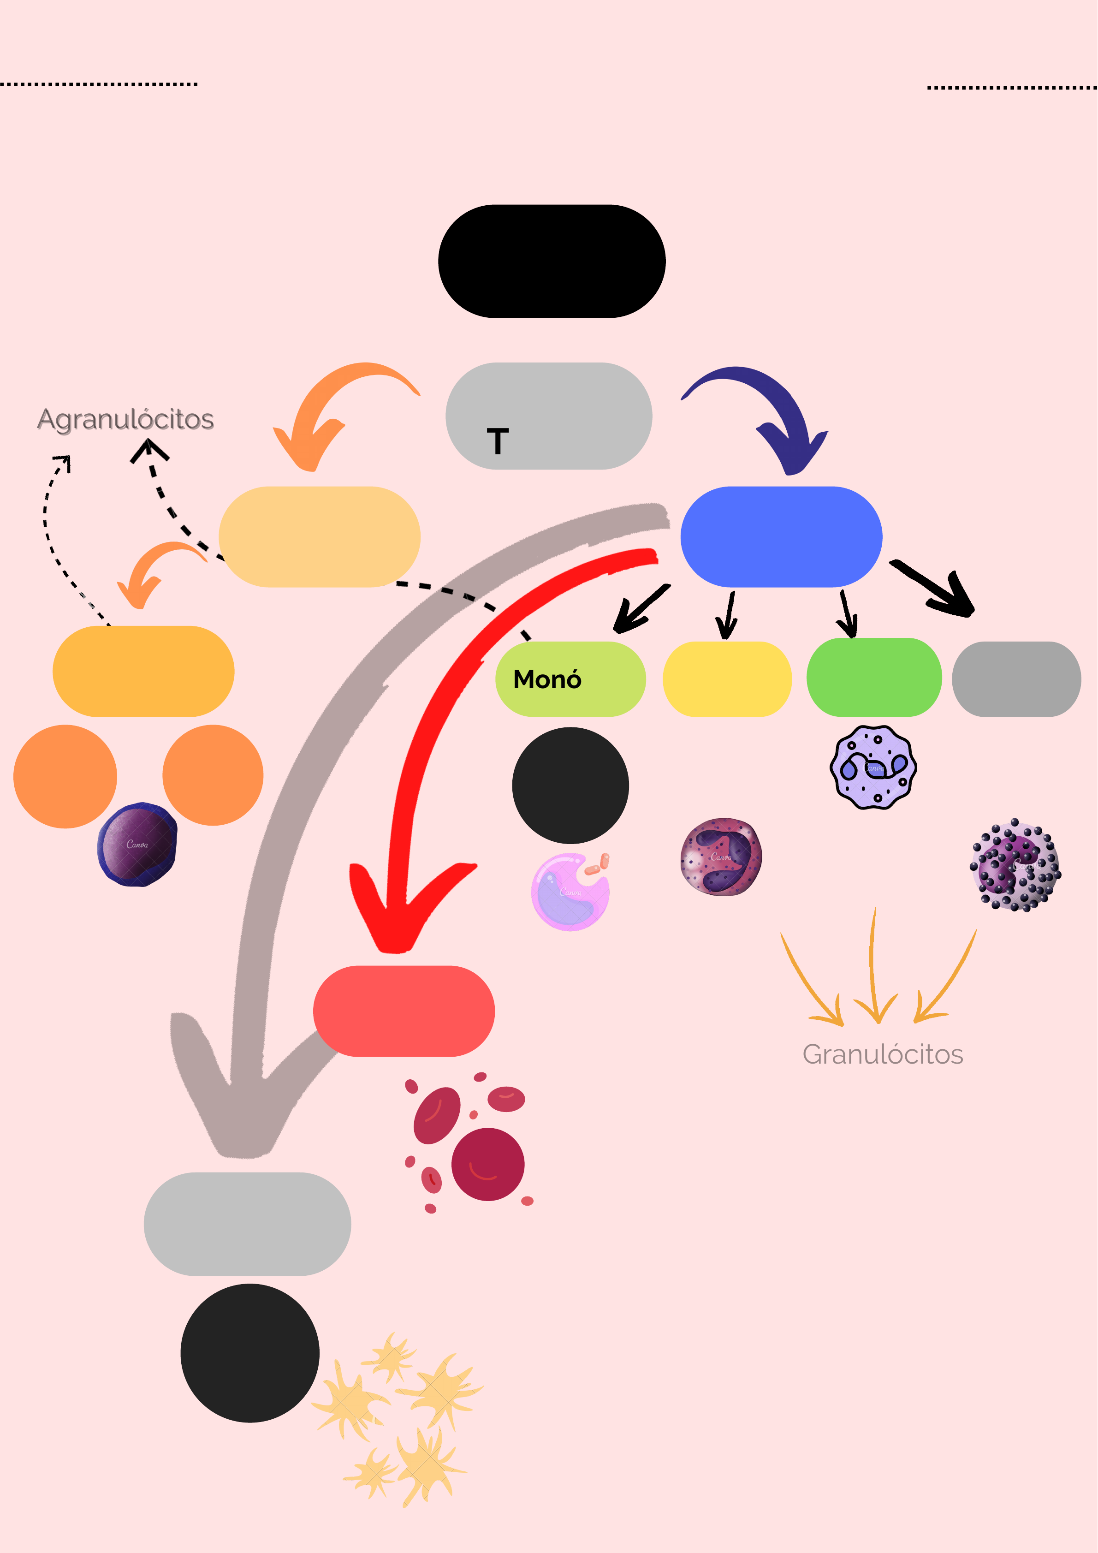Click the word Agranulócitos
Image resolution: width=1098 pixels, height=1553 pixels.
(x=126, y=419)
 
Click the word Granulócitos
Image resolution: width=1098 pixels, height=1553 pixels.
(x=882, y=1054)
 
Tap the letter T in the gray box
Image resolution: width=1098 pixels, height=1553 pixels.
(x=498, y=441)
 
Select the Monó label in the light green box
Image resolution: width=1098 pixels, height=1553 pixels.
(x=547, y=679)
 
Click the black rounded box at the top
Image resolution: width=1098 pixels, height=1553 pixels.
(x=552, y=261)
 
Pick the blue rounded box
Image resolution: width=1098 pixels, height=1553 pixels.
(x=781, y=536)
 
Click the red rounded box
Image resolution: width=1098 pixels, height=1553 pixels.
(x=404, y=1011)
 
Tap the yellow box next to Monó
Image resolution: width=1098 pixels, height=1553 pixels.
(x=727, y=678)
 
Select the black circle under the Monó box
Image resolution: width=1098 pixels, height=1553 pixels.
(x=570, y=785)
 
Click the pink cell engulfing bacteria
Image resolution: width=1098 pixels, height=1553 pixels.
(x=570, y=892)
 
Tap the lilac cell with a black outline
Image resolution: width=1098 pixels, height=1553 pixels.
(x=873, y=767)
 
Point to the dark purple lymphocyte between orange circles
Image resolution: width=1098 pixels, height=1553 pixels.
(x=137, y=844)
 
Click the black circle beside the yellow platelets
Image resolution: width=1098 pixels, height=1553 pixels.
(x=249, y=1353)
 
